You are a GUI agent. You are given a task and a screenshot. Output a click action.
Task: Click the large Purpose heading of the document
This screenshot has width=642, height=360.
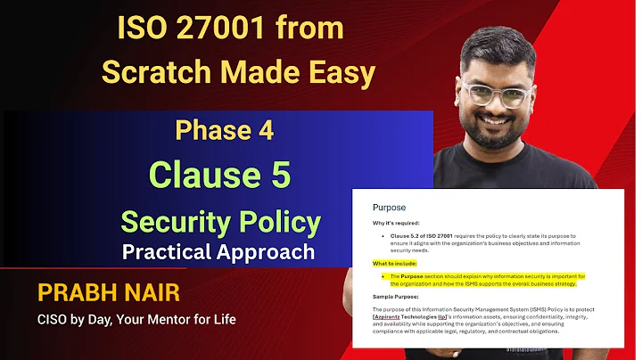389,208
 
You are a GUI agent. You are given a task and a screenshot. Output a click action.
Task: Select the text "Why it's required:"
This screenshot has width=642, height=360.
397,224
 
